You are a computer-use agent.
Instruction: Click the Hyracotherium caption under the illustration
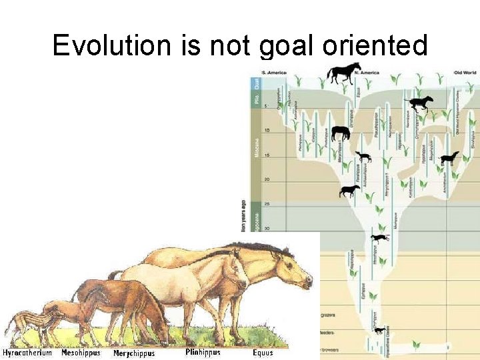[x=27, y=353]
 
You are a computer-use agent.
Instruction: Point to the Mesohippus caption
[x=81, y=353]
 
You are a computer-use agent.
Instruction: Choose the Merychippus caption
[x=133, y=353]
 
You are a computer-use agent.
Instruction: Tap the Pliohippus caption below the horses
[x=203, y=353]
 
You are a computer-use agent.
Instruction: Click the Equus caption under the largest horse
[x=263, y=353]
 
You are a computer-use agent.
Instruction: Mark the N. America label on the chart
[x=367, y=72]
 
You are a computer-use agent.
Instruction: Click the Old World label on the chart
[x=465, y=72]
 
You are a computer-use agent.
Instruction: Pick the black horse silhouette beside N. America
[x=343, y=73]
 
